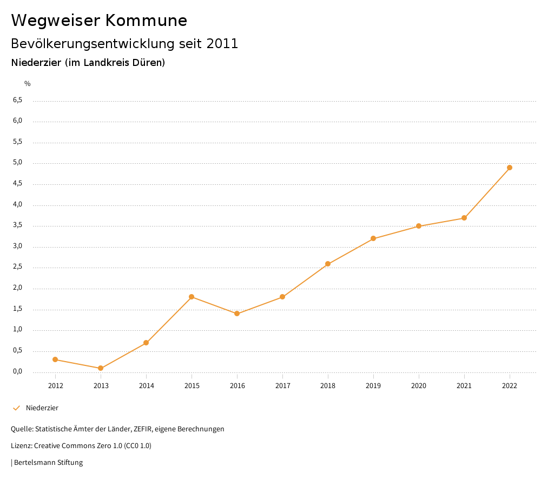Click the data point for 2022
pos(510,168)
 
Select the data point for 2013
pos(101,368)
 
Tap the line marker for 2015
pos(192,297)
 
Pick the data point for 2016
pos(237,314)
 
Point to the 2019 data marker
pos(373,238)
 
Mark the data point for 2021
pos(464,218)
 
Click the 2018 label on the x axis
pos(328,386)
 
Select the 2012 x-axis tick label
pos(55,386)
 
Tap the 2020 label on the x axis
pos(419,386)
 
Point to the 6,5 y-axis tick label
pos(17,100)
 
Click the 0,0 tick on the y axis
pos(17,371)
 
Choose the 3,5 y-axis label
pos(17,225)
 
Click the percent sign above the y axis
pos(28,84)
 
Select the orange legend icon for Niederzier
pos(16,408)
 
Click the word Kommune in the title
pos(146,21)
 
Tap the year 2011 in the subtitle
pos(222,44)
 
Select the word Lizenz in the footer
pos(21,446)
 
